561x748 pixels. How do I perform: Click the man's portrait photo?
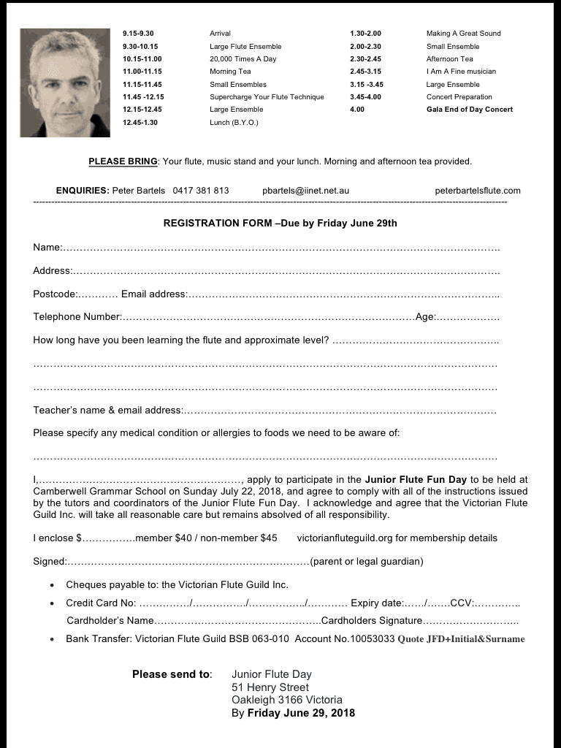(59, 82)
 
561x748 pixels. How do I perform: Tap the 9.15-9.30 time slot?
(138, 34)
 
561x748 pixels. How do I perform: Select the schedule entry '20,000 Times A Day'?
(243, 59)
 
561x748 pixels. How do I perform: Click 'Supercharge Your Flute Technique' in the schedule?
(267, 97)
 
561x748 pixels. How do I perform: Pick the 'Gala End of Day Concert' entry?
(469, 110)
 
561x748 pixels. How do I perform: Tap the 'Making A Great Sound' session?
(463, 34)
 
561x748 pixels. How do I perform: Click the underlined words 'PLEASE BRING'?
(123, 161)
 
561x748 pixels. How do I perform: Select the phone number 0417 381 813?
(201, 191)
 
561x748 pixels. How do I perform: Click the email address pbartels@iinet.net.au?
(305, 191)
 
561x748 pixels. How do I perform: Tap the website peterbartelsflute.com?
(478, 191)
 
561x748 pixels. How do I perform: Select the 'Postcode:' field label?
(55, 294)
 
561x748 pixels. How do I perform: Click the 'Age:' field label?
(425, 317)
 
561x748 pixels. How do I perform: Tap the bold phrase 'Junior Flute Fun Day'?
(416, 480)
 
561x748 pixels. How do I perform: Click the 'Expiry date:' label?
(376, 603)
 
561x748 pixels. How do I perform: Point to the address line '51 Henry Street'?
(270, 687)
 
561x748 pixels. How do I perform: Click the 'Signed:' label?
(50, 562)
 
